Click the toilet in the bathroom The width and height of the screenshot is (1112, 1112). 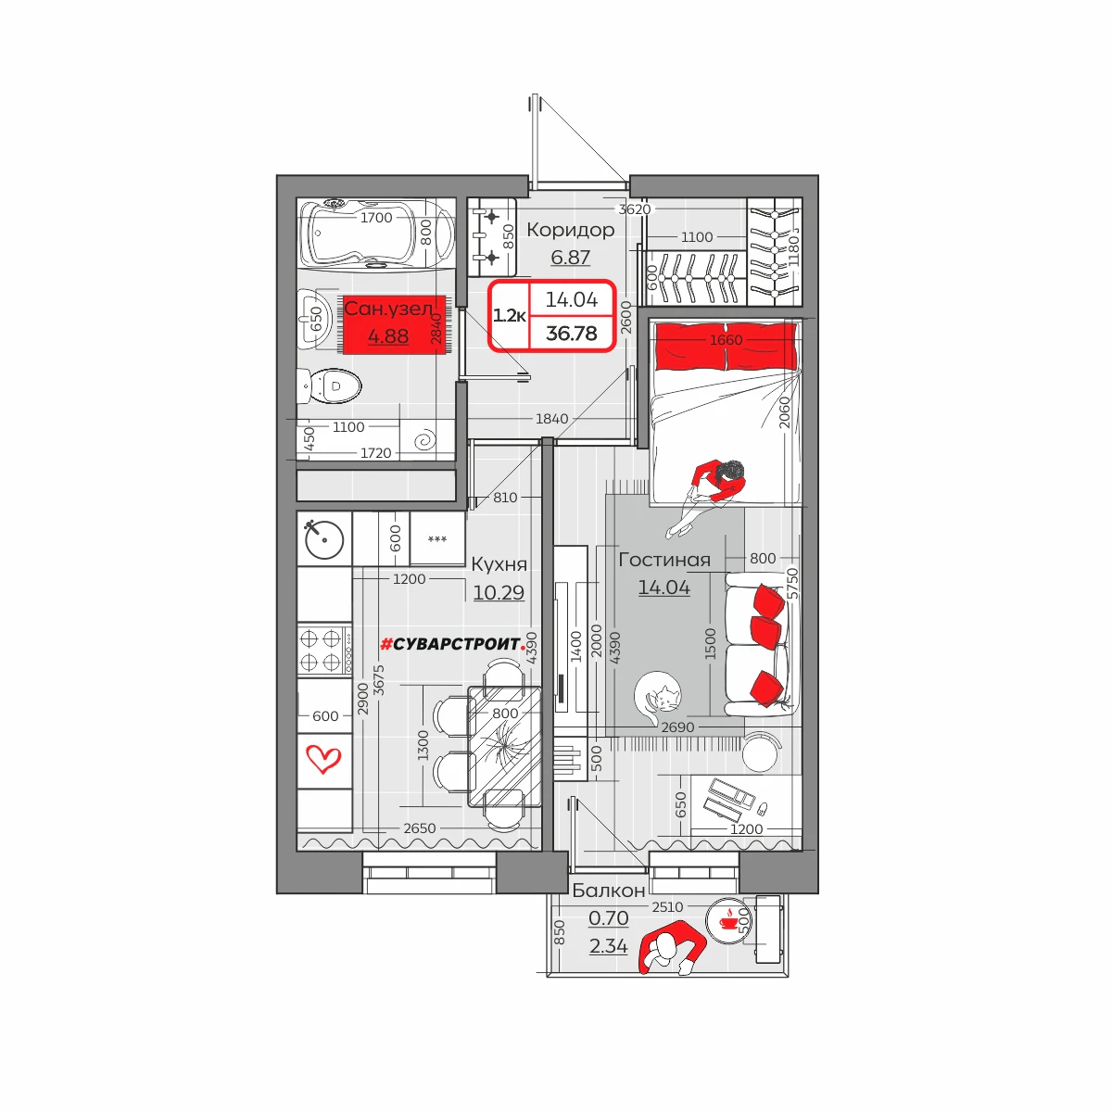[330, 385]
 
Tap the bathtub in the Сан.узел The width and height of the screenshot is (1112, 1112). [376, 234]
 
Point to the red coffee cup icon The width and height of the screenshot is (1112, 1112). [729, 920]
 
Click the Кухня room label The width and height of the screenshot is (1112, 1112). [499, 563]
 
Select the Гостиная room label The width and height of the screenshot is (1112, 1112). [664, 559]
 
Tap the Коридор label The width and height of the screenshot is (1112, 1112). [571, 230]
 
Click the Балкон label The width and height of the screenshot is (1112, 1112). [609, 891]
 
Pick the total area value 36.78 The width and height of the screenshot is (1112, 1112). [572, 333]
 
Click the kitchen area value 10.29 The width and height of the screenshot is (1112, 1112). [499, 592]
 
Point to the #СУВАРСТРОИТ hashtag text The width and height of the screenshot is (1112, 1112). [453, 644]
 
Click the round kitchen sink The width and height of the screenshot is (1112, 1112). [324, 539]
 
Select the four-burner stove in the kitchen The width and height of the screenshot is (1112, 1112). [324, 650]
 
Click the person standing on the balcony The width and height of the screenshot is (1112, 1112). [672, 950]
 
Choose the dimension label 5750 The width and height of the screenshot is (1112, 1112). [793, 584]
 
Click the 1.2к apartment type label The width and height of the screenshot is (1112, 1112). [509, 316]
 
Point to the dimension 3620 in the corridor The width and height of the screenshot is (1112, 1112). [635, 208]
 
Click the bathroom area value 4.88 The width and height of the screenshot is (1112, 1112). [388, 335]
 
